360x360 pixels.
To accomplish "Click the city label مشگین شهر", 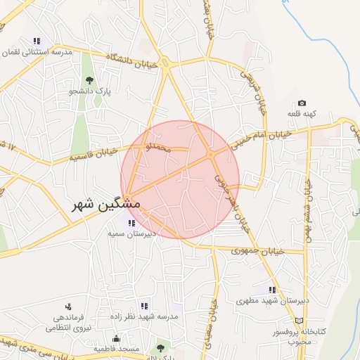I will (x=105, y=204).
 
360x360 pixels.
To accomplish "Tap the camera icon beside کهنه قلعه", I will (x=302, y=103).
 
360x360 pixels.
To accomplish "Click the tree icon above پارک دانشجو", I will (x=89, y=79).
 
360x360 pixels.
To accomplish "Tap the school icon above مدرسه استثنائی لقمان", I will (x=37, y=41).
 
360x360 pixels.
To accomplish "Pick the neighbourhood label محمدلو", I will (x=156, y=148).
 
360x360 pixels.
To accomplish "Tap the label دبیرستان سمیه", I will (x=134, y=234).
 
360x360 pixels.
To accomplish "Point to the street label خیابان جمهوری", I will (x=257, y=250).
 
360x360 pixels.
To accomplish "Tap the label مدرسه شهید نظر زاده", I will (x=144, y=317).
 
